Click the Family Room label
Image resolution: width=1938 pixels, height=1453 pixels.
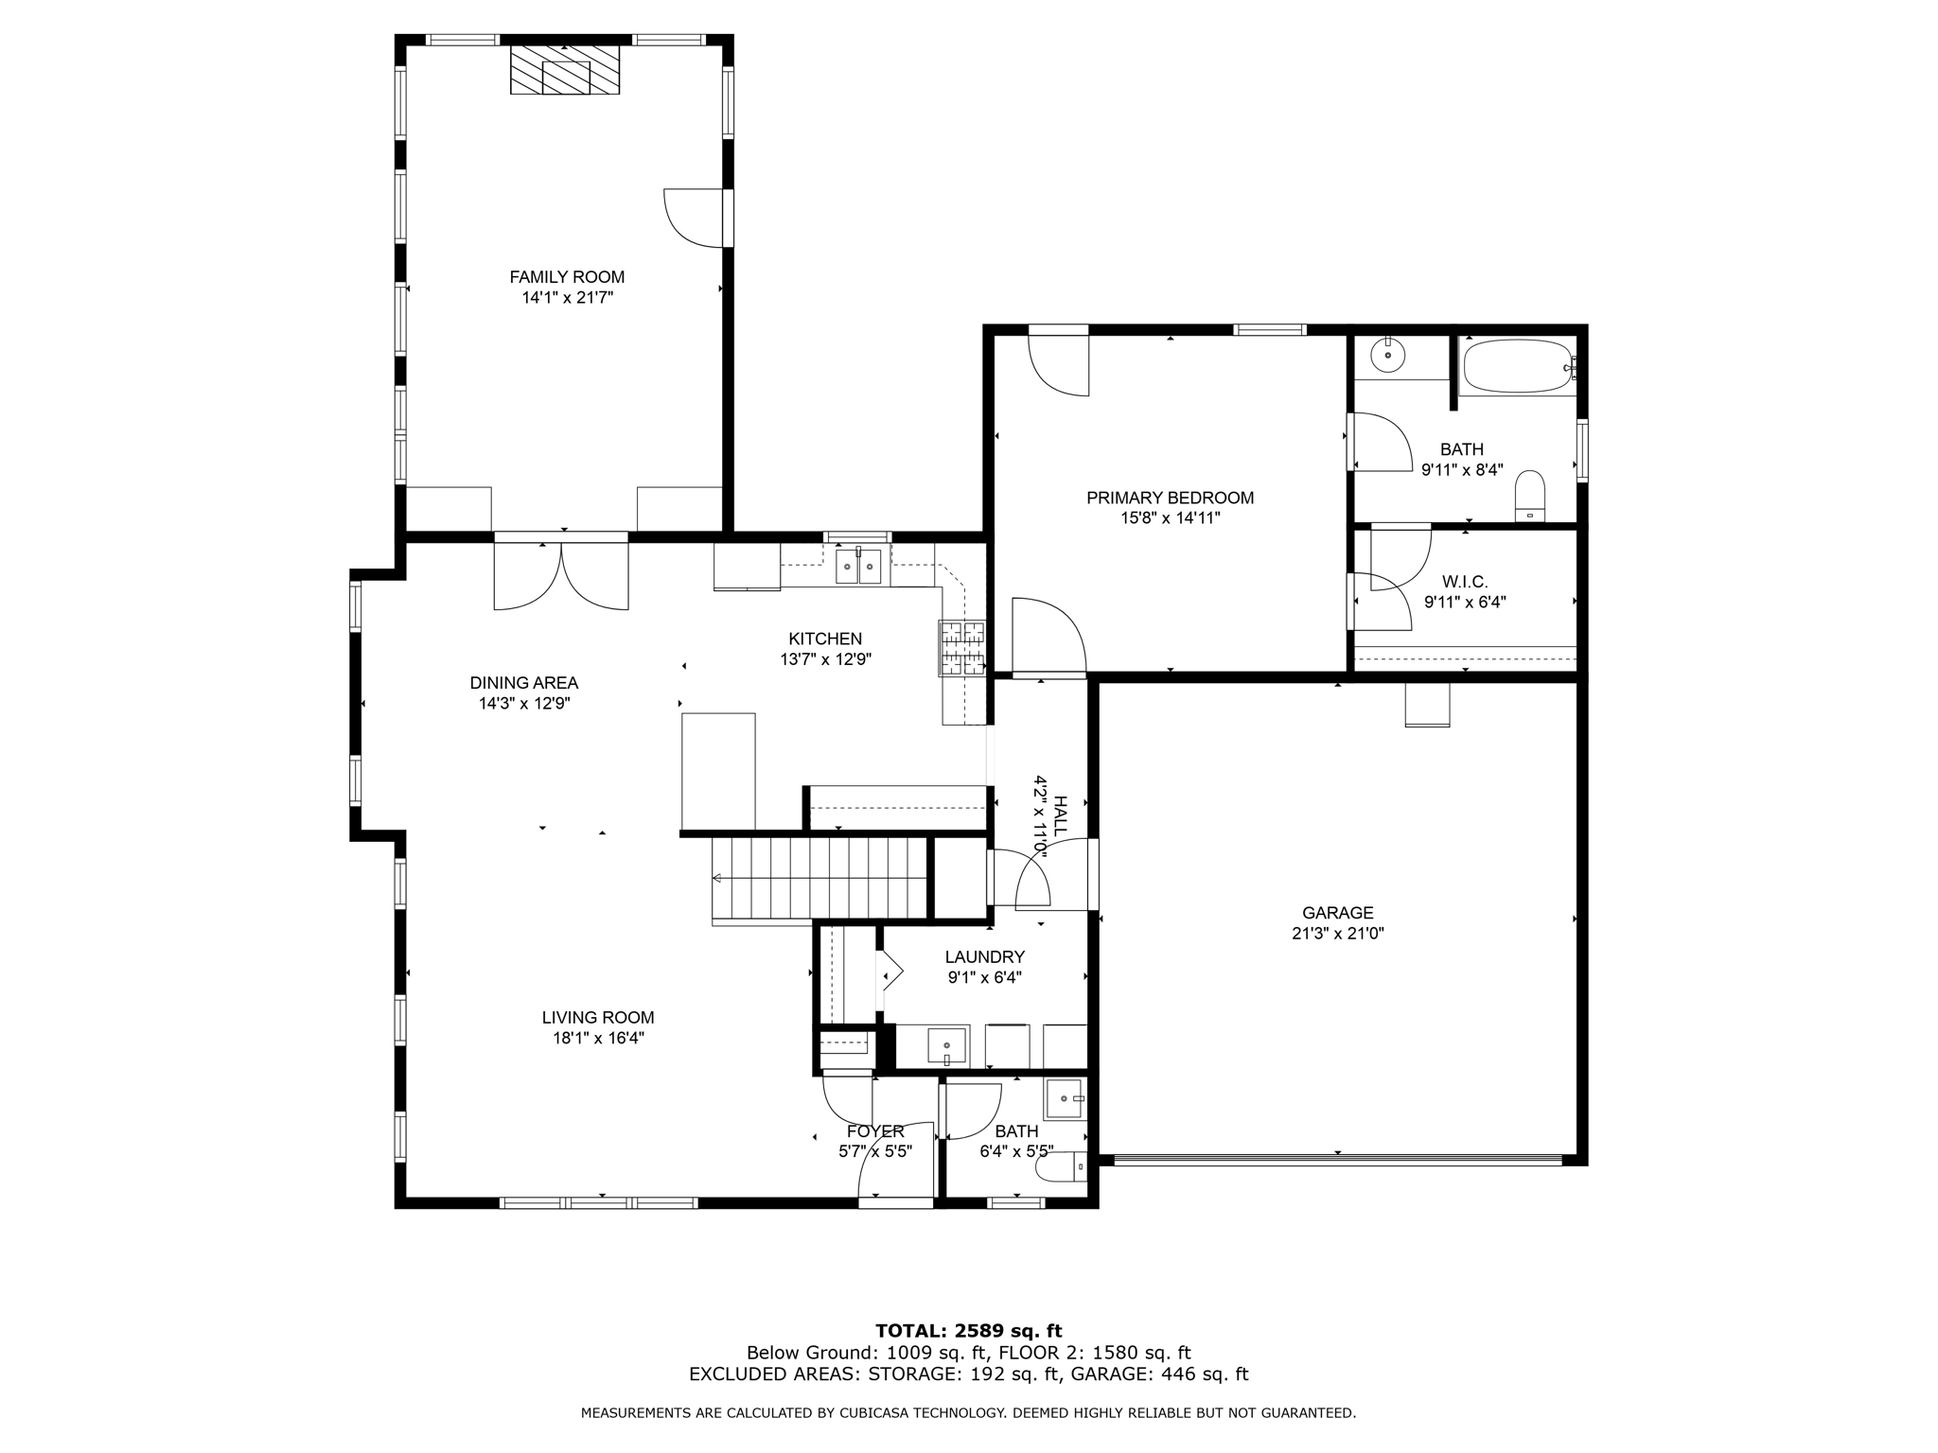pyautogui.click(x=567, y=277)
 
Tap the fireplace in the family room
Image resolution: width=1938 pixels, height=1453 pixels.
pyautogui.click(x=565, y=69)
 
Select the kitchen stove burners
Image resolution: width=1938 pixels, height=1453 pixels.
pyautogui.click(x=961, y=648)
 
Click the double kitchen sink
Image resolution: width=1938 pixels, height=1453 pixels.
pyautogui.click(x=858, y=567)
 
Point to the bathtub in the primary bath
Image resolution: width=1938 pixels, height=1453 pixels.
pyautogui.click(x=1517, y=367)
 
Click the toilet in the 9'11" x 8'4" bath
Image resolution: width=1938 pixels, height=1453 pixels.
pyautogui.click(x=1530, y=498)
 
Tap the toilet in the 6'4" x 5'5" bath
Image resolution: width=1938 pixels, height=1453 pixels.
pyautogui.click(x=1062, y=1168)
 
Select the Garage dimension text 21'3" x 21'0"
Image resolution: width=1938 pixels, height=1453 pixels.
pyautogui.click(x=1337, y=934)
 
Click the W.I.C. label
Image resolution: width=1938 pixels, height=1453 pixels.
pyautogui.click(x=1465, y=582)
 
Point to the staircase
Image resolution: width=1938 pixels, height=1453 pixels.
pyautogui.click(x=819, y=879)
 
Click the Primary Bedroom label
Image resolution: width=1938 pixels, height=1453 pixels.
pyautogui.click(x=1170, y=498)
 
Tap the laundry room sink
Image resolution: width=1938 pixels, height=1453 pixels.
pyautogui.click(x=946, y=1046)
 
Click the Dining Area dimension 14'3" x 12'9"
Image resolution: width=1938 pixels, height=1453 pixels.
pyautogui.click(x=524, y=704)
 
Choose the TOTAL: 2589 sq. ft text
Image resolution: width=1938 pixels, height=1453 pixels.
pyautogui.click(x=968, y=1332)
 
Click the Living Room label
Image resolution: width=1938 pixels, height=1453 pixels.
pyautogui.click(x=598, y=1018)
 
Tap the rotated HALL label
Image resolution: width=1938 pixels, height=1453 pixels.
pyautogui.click(x=1061, y=815)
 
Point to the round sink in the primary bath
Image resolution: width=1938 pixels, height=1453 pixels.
pyautogui.click(x=1388, y=356)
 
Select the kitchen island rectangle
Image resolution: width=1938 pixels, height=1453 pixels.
pyautogui.click(x=718, y=771)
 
